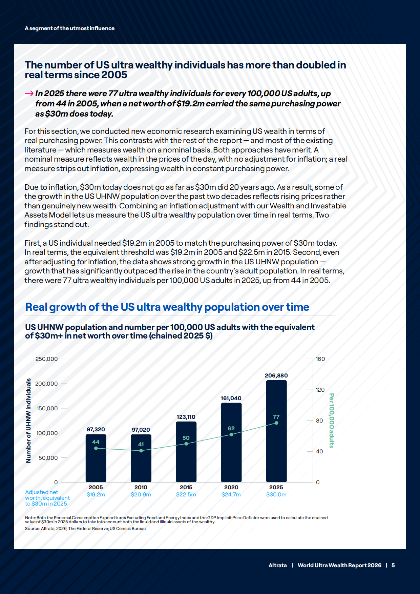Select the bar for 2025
tap(276, 431)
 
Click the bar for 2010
tap(141, 458)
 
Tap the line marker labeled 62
tap(231, 434)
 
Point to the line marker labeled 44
tap(96, 448)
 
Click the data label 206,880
tap(276, 375)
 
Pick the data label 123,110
tap(186, 417)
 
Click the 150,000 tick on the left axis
tap(47, 408)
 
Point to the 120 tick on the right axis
tap(320, 390)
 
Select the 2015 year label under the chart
tap(186, 487)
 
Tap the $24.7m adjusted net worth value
tap(231, 494)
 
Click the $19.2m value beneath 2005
tap(96, 494)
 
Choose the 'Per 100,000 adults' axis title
tap(332, 421)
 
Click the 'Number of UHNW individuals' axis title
tap(28, 421)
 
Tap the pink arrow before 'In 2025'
tap(29, 94)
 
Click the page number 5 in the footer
tap(393, 565)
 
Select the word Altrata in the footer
tap(278, 565)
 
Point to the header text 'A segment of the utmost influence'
tap(69, 28)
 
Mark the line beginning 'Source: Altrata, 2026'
tap(85, 529)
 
